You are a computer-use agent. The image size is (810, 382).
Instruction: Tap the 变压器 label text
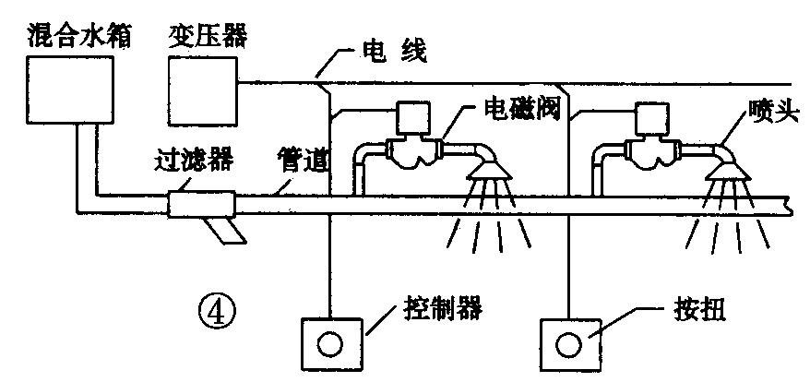(x=208, y=36)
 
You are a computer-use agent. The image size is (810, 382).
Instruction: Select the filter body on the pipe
(x=200, y=204)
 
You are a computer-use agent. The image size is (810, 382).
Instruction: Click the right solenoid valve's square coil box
(x=651, y=119)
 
